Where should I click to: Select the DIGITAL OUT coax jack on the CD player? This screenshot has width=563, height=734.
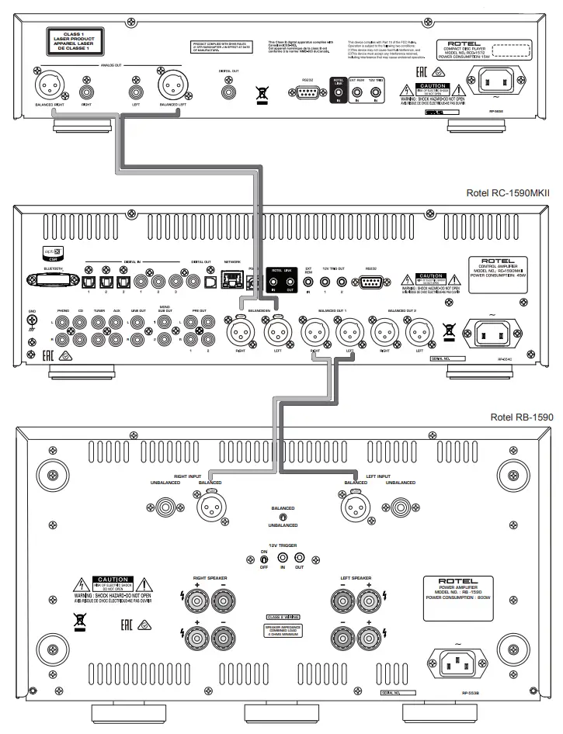pos(231,91)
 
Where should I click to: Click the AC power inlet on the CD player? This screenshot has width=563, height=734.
pos(503,78)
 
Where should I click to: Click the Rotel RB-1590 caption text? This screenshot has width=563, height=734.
pos(522,417)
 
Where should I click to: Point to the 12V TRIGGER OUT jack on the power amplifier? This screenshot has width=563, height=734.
pos(299,558)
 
